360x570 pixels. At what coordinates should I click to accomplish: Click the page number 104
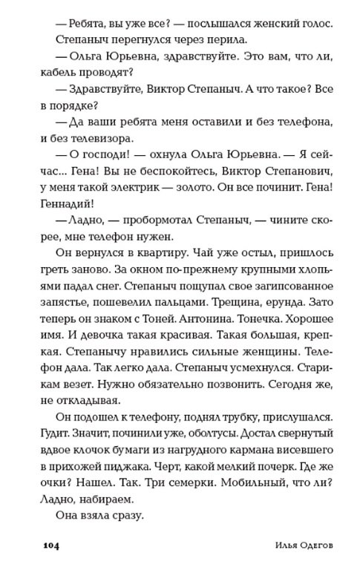pos(48,547)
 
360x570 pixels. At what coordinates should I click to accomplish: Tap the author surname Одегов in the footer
pos(302,547)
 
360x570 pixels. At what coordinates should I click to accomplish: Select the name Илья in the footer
pos(264,547)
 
